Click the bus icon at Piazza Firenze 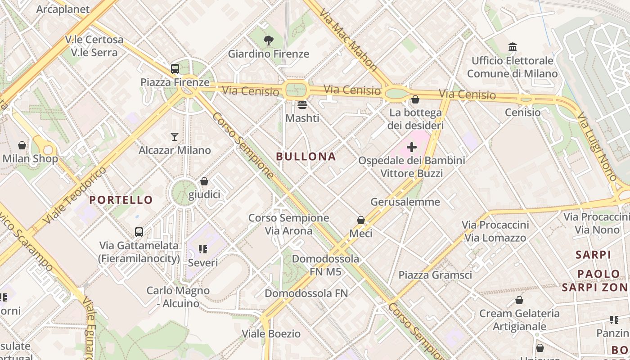point(175,69)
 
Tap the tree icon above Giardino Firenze point(269,40)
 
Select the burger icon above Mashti point(302,105)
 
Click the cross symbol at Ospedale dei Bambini point(412,147)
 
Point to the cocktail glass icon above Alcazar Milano point(175,136)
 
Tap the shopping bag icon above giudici point(204,181)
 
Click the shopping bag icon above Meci point(361,220)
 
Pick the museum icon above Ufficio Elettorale point(512,47)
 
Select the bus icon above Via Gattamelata point(139,232)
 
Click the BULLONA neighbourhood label point(306,157)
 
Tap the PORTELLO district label point(121,200)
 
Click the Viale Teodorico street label point(75,196)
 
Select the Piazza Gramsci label point(435,275)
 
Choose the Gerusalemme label point(405,202)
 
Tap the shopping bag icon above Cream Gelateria point(519,300)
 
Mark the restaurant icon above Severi point(202,249)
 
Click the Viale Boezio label point(271,334)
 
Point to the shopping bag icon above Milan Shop point(22,145)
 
